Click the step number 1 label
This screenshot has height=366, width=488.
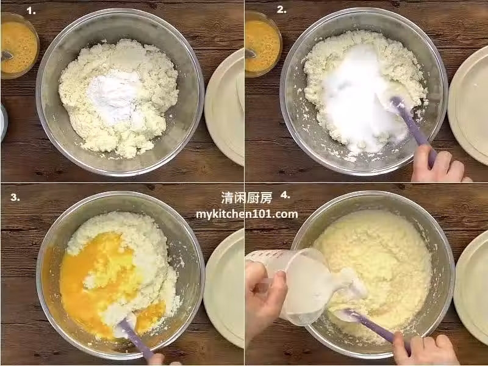[x=31, y=11]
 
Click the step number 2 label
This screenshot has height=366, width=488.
[x=281, y=10]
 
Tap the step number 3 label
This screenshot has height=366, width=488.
[x=15, y=197]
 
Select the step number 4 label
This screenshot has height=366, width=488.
[x=285, y=195]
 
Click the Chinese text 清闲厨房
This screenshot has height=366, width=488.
[x=246, y=198]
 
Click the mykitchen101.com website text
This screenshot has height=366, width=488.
[x=247, y=214]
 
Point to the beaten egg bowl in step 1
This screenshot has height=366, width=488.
[x=20, y=45]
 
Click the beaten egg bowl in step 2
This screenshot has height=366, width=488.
[x=264, y=44]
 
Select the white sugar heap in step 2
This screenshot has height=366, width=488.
[x=358, y=99]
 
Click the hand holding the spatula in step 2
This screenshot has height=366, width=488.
[x=439, y=164]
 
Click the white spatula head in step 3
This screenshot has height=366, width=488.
[x=123, y=324]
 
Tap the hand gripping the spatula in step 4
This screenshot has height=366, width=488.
[x=423, y=348]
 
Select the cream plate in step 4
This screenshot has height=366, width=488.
[x=471, y=288]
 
